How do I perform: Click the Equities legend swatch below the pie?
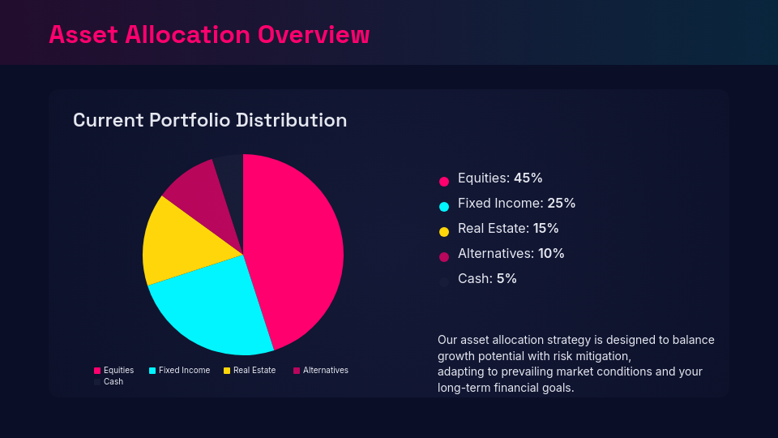[97, 371]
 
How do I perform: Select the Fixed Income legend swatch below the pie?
[152, 371]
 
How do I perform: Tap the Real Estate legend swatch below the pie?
[227, 371]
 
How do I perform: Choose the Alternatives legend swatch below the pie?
[297, 371]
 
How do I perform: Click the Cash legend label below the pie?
[113, 381]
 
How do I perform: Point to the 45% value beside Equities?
[528, 178]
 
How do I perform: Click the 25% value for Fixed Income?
[561, 203]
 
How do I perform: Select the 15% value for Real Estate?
[546, 228]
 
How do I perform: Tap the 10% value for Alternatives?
[551, 253]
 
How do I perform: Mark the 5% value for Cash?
[507, 278]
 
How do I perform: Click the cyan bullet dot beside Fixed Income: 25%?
[443, 207]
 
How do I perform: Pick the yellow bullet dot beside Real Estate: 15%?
[443, 232]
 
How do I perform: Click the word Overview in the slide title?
[314, 35]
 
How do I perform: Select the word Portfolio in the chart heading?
[189, 120]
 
